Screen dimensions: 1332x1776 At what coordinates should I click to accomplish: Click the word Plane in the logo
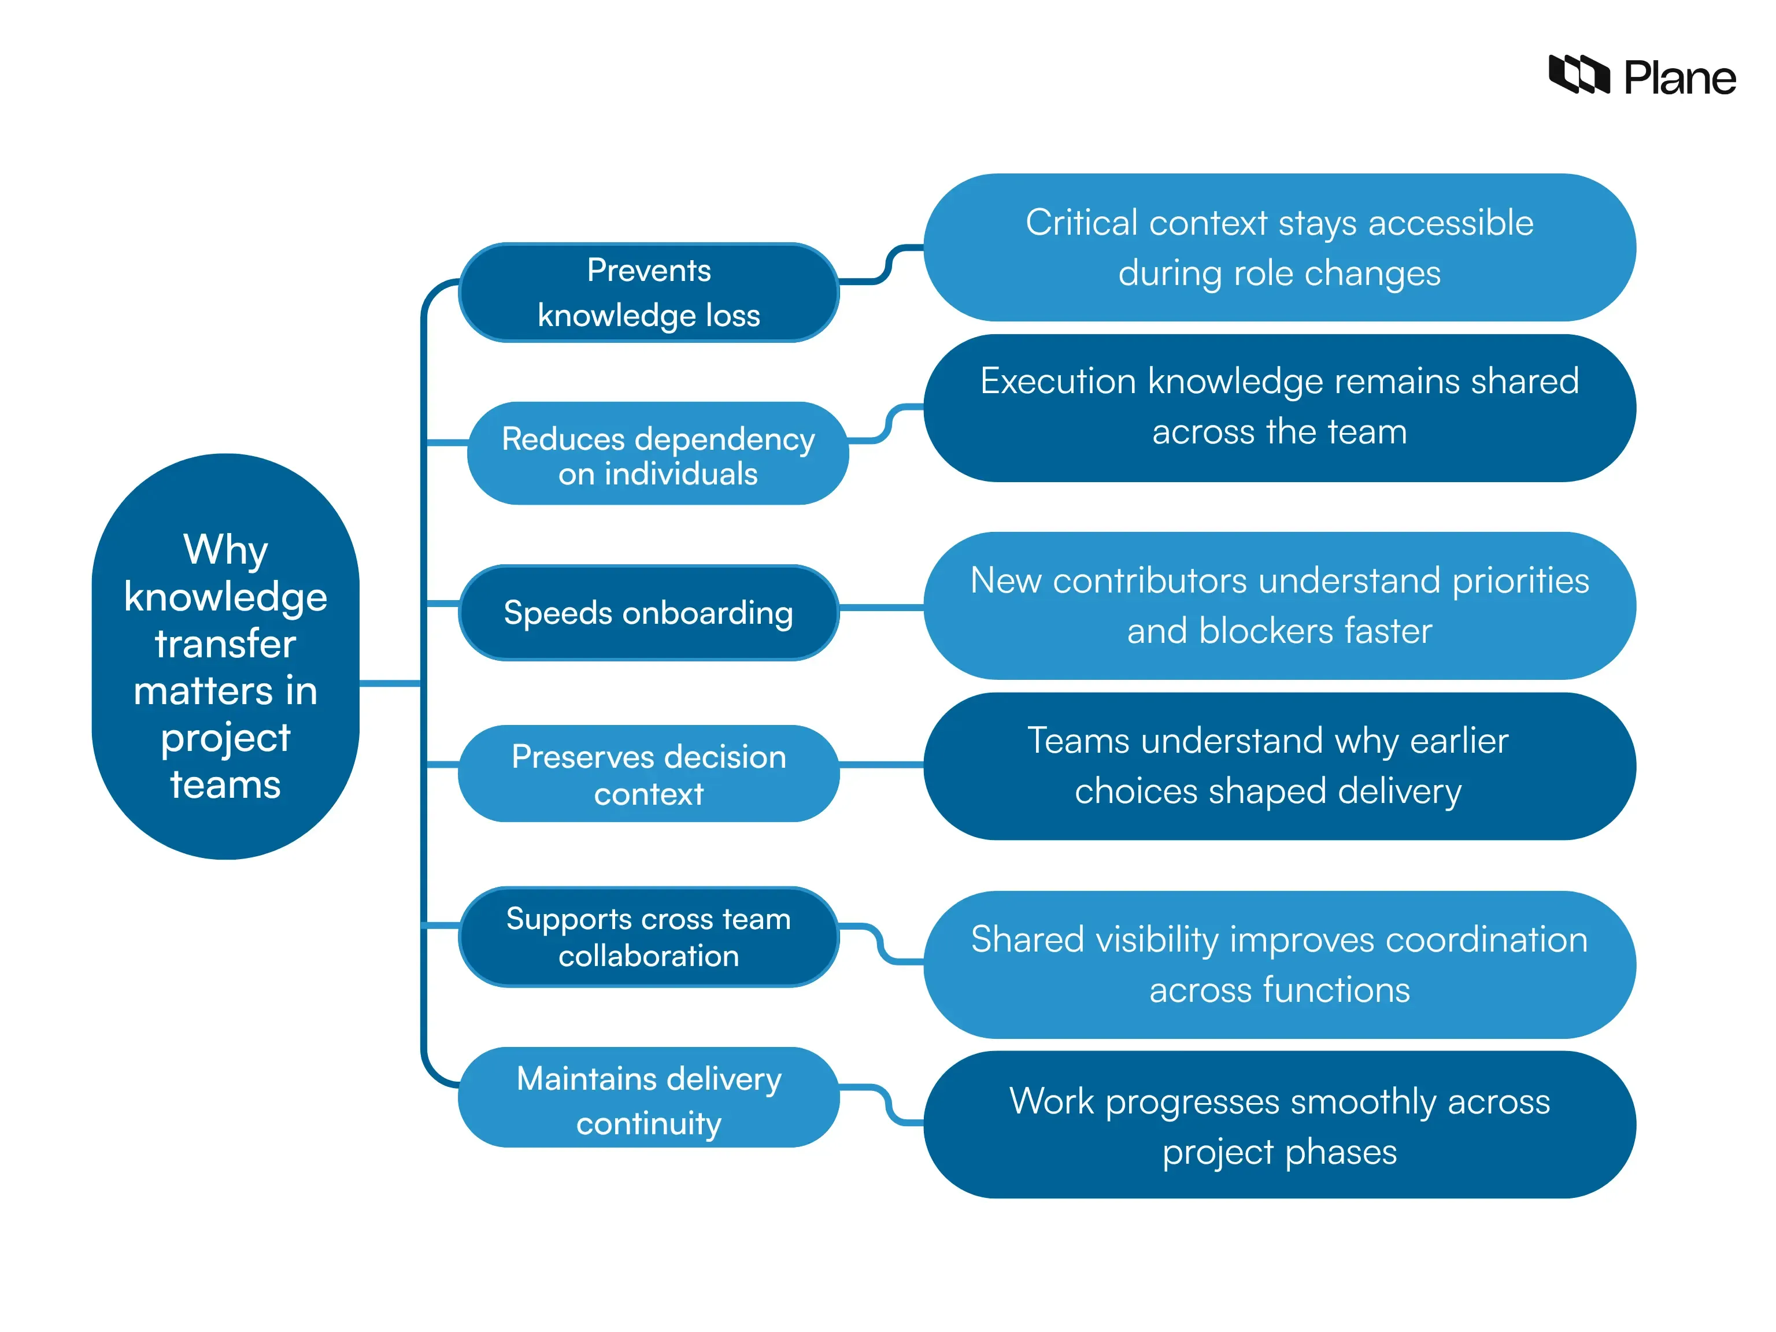pyautogui.click(x=1679, y=79)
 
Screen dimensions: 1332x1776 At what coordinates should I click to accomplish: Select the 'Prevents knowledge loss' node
pyautogui.click(x=648, y=293)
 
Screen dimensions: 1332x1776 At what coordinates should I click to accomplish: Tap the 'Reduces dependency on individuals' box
pyautogui.click(x=657, y=454)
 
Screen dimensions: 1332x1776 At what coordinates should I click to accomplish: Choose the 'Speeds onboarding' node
pyautogui.click(x=648, y=613)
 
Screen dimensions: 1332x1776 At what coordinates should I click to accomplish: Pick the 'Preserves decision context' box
pyautogui.click(x=648, y=774)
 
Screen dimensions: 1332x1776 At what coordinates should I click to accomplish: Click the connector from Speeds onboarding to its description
pyautogui.click(x=881, y=608)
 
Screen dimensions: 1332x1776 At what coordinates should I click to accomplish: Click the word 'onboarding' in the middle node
pyautogui.click(x=708, y=613)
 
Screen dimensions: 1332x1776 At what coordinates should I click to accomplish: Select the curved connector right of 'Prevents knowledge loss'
pyautogui.click(x=887, y=264)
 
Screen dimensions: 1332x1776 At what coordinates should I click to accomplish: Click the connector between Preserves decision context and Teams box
pyautogui.click(x=881, y=765)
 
